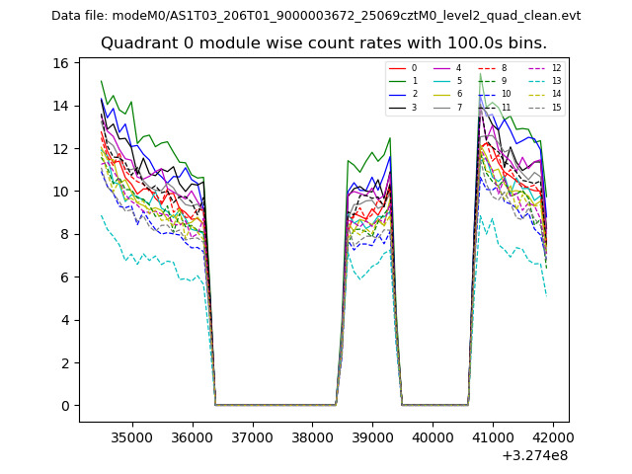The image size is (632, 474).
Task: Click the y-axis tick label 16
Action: click(60, 63)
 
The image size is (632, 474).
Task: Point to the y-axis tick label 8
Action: click(64, 234)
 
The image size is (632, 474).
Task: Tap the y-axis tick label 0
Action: click(64, 406)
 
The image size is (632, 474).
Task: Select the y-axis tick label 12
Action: click(60, 148)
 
